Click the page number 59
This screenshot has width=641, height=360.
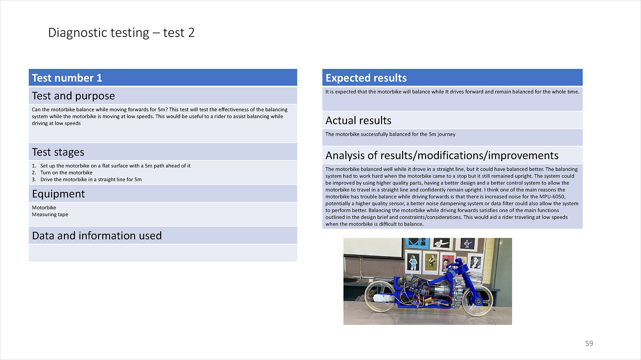589,343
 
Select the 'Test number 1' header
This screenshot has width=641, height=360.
67,78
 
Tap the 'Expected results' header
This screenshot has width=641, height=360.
366,78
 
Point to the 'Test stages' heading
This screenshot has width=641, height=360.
58,152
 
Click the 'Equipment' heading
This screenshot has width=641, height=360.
58,194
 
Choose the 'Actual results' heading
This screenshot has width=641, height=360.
358,120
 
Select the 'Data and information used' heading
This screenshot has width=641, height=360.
97,236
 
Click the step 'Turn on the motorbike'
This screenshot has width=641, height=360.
66,173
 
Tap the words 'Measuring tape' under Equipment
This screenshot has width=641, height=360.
50,215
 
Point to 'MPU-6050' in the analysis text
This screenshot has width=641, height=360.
552,197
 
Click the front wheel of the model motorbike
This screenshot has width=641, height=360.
478,300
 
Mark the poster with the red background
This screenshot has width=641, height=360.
447,263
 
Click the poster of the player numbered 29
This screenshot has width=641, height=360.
441,244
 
